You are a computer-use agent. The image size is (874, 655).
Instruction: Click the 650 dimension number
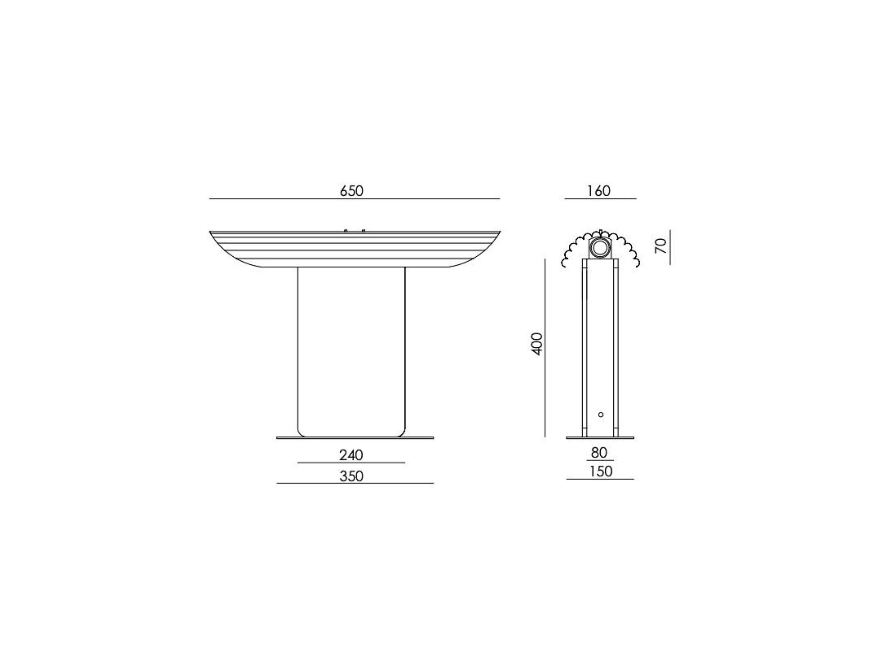point(351,191)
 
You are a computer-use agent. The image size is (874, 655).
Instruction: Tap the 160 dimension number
point(599,191)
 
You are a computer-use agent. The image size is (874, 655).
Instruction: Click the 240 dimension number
point(351,455)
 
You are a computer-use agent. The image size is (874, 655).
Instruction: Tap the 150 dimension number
point(601,472)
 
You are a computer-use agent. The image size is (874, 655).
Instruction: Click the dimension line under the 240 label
point(351,462)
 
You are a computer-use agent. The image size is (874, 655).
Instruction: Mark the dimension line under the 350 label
point(355,483)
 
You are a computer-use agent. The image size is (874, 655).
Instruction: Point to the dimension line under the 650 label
point(354,199)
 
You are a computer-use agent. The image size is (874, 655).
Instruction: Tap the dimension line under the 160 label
point(600,199)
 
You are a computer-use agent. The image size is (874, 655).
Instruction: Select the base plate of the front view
point(355,438)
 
